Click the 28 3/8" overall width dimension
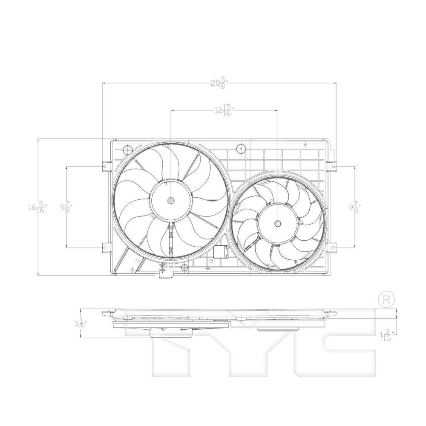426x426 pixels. click(220, 83)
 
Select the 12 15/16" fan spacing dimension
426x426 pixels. click(223, 111)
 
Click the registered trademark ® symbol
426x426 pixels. click(386, 299)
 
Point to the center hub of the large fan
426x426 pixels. click(170, 200)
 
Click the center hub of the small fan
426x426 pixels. click(278, 224)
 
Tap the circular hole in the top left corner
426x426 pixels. click(127, 150)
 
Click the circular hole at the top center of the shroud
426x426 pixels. click(241, 149)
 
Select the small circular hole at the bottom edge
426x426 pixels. click(184, 268)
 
